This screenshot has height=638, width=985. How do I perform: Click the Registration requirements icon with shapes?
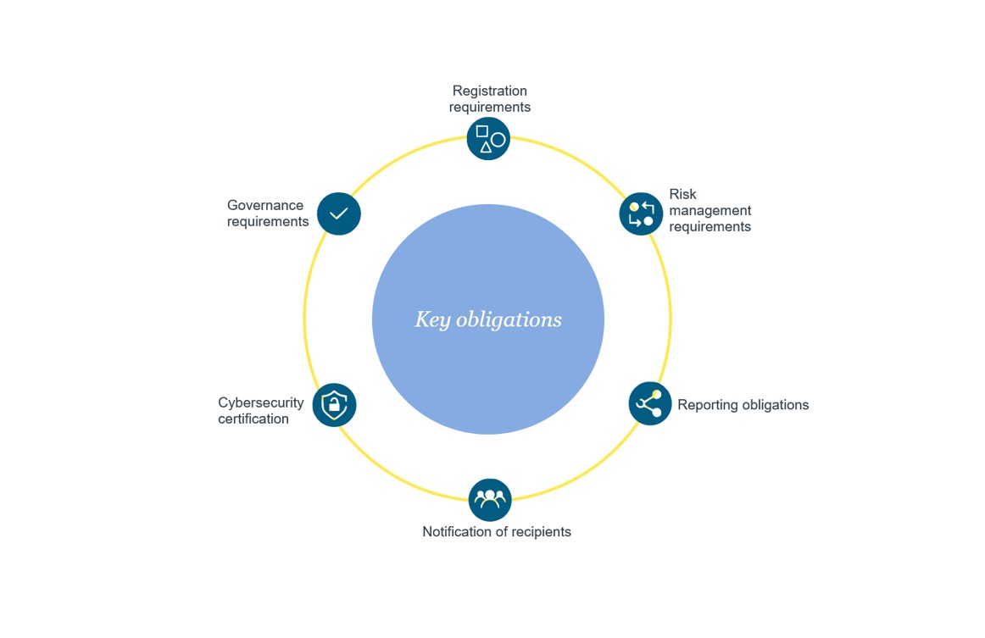[488, 139]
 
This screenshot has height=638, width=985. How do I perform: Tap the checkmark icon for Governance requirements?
[339, 214]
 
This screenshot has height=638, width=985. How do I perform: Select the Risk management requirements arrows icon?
[641, 214]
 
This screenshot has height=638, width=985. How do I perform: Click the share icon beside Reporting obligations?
[650, 403]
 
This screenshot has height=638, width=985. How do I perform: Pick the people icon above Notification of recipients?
[490, 500]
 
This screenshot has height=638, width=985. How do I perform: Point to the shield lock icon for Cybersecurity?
[334, 404]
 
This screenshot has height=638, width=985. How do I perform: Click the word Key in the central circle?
[431, 319]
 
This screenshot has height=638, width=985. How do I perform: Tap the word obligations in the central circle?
[509, 319]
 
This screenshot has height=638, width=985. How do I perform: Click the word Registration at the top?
[489, 91]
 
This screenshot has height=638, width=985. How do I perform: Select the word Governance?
[265, 205]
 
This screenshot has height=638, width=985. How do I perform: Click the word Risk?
[682, 194]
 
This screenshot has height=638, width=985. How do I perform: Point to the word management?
[710, 210]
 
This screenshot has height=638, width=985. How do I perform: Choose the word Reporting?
[707, 405]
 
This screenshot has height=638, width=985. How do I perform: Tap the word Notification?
[459, 532]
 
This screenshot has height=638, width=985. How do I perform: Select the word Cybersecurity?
[260, 402]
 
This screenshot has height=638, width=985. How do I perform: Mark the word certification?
[253, 419]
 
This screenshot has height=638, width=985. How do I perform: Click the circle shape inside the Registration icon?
[498, 140]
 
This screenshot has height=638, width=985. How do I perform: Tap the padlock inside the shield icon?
[334, 407]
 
